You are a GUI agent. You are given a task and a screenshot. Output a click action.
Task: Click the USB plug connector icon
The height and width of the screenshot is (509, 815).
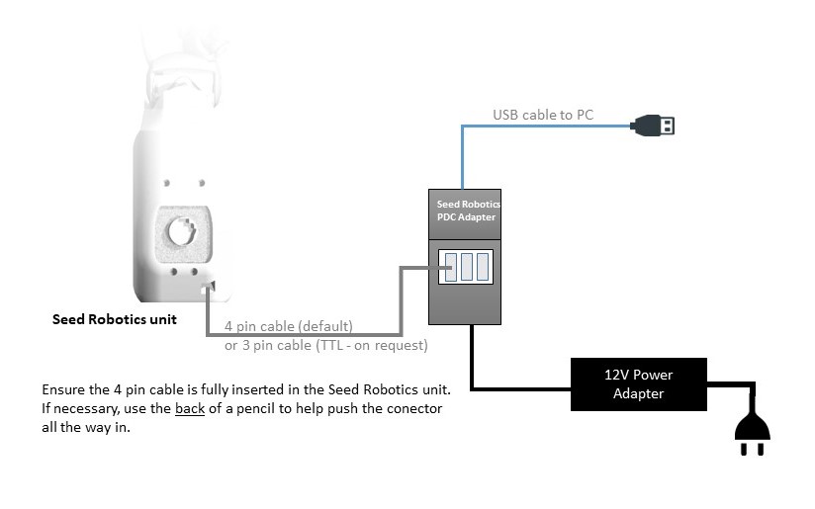[655, 126]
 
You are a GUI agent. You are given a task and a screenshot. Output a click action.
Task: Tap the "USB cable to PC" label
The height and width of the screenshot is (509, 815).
[543, 115]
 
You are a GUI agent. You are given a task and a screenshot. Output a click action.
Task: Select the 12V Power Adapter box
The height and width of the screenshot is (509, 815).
[638, 384]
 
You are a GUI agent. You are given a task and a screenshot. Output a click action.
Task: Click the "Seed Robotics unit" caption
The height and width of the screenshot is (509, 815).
[115, 319]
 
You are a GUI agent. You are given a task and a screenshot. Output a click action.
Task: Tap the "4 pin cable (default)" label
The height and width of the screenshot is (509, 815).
[288, 325]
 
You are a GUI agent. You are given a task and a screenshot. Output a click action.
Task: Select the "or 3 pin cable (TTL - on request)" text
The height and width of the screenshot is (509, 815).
[325, 345]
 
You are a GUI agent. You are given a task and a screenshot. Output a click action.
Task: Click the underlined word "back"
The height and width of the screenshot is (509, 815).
[190, 408]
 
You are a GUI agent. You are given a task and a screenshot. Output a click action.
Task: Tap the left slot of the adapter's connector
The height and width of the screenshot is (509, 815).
[451, 267]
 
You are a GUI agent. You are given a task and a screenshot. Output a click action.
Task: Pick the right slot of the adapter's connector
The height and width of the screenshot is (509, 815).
[483, 267]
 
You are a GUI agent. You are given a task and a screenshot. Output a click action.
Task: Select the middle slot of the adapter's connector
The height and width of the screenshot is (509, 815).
[467, 267]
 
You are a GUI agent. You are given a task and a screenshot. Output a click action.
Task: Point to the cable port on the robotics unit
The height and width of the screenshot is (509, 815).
[208, 289]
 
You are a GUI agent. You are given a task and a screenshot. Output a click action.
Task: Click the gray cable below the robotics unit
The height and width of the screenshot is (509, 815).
[297, 334]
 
